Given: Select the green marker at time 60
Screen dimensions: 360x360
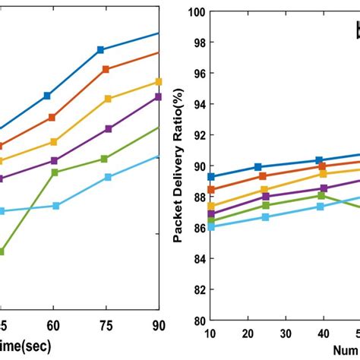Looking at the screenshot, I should tap(55, 172).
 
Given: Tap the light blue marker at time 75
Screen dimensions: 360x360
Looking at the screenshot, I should tap(108, 177).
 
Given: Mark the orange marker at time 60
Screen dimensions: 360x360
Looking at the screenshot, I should tap(52, 117).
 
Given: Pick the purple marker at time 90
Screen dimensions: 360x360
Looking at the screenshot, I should tap(158, 96).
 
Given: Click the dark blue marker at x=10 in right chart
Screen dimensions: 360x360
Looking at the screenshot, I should tap(211, 176).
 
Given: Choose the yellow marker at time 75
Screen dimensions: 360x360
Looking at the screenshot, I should tap(108, 99).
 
